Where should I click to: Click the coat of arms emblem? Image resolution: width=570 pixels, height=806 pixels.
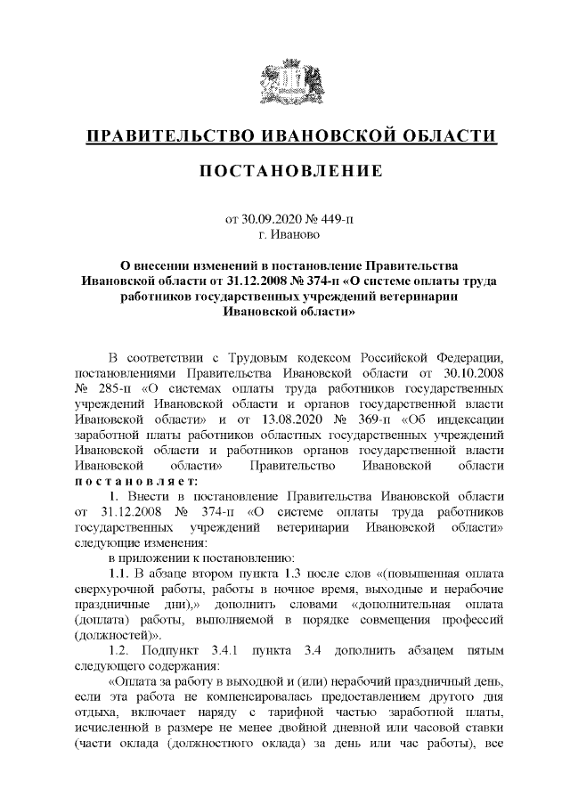[x=285, y=81]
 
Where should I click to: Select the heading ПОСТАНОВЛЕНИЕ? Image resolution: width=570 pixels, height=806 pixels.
[x=285, y=170]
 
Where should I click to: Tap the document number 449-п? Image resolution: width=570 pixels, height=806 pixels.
[x=335, y=218]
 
